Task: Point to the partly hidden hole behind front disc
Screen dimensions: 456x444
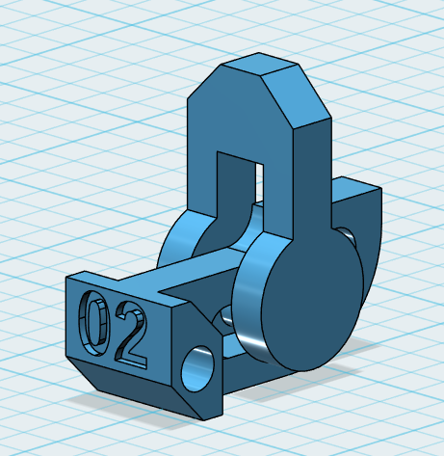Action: (x=224, y=318)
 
